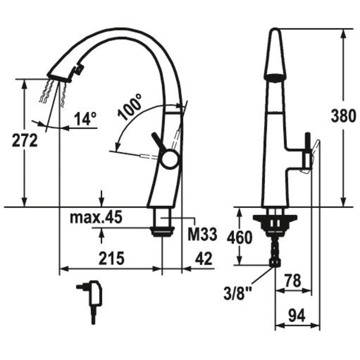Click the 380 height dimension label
(343, 116)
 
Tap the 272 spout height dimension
(25, 140)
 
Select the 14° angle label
(85, 119)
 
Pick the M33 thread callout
(202, 234)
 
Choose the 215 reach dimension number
(112, 258)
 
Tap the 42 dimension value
(204, 258)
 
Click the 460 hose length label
(240, 237)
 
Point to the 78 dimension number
(293, 280)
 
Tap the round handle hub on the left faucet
(169, 158)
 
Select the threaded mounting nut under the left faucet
(162, 231)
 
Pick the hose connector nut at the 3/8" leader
(275, 263)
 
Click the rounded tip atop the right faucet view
(275, 30)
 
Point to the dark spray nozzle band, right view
(275, 77)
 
